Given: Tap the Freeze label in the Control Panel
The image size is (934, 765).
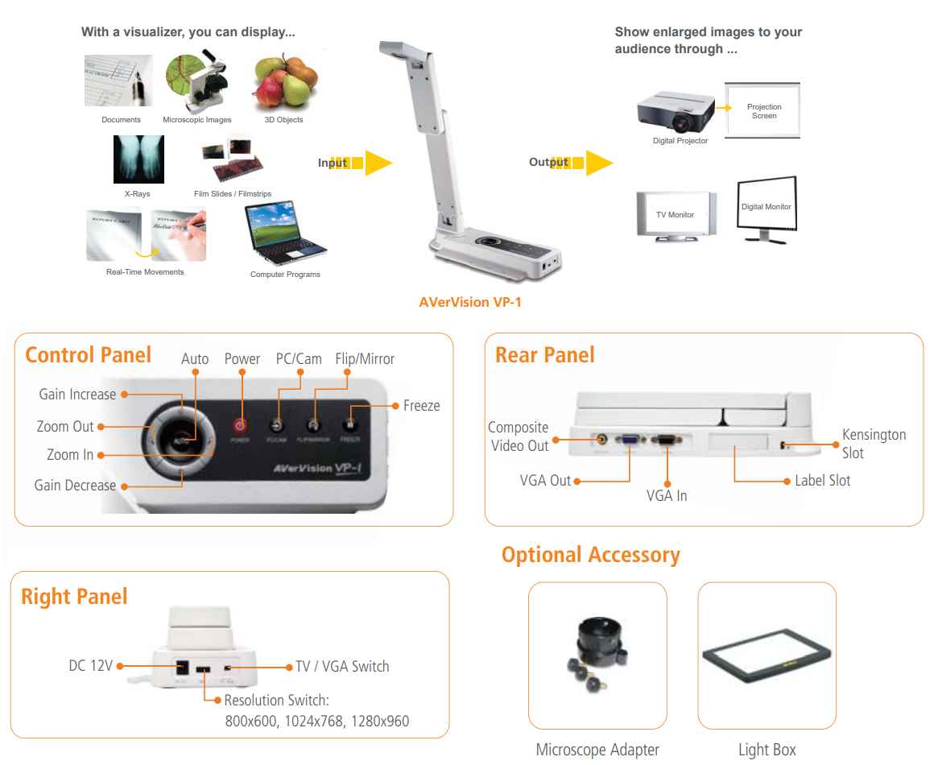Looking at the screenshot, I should click(x=421, y=406).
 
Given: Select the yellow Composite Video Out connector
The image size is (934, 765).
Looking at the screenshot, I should click(x=601, y=440).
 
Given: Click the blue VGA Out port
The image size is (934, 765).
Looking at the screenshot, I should click(x=628, y=440).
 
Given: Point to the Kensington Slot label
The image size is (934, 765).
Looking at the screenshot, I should click(x=874, y=444).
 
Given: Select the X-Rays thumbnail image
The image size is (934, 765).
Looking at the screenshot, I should click(x=138, y=159).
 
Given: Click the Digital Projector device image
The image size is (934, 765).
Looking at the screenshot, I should click(x=676, y=111).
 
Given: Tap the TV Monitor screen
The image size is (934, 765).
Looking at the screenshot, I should click(x=675, y=215).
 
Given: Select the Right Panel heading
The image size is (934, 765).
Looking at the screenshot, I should click(x=74, y=597).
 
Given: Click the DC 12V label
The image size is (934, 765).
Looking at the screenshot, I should click(x=91, y=666).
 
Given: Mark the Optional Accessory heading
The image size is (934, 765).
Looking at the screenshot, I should click(x=590, y=555).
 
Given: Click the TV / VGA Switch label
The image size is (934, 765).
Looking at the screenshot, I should click(x=342, y=667).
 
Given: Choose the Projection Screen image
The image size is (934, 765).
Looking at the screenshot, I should click(x=763, y=111).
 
